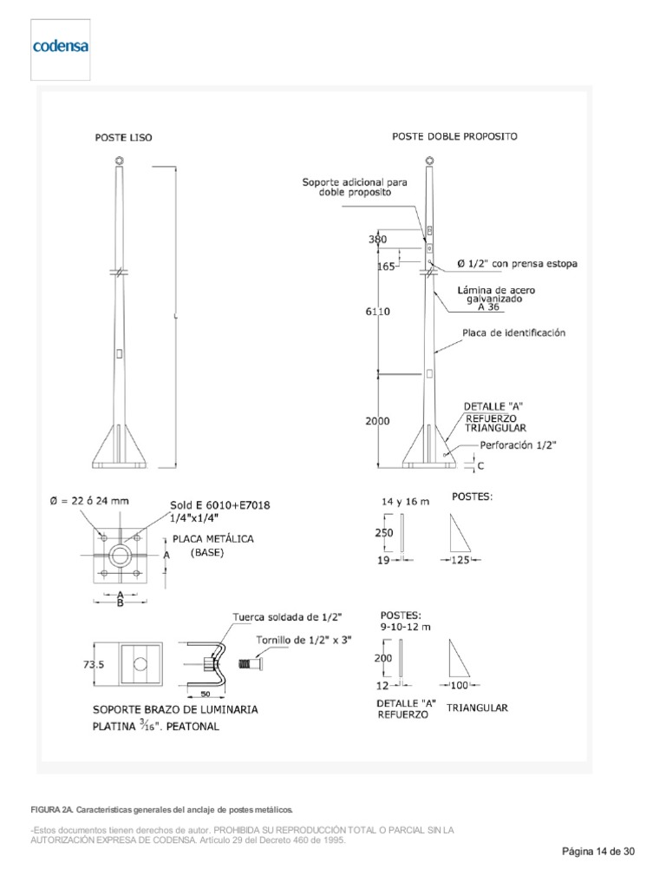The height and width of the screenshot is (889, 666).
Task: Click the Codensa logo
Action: (x=60, y=46)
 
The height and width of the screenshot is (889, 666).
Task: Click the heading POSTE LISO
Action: (x=122, y=136)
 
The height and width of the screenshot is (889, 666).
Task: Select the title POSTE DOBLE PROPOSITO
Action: (x=454, y=136)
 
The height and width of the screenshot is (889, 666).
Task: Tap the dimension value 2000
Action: (x=377, y=421)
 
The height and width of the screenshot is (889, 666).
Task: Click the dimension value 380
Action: (x=377, y=239)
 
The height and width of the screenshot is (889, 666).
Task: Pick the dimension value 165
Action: (x=386, y=267)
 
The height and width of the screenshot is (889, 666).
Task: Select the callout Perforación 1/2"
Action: (x=518, y=444)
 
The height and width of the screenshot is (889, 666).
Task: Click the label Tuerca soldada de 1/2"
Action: (x=287, y=616)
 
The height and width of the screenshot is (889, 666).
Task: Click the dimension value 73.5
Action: (x=95, y=664)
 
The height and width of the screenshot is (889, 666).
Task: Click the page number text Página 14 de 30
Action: (x=598, y=852)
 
